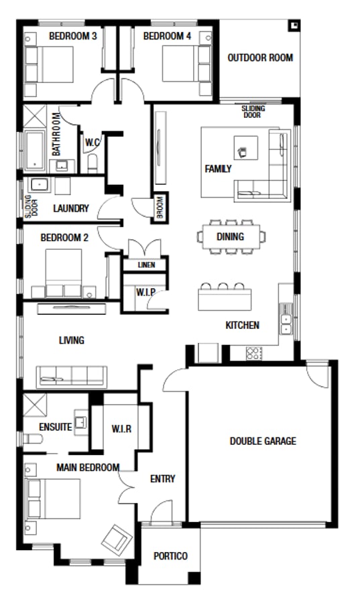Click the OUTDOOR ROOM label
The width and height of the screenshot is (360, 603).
[x=259, y=58]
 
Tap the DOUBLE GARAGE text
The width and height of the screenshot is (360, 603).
[x=263, y=441]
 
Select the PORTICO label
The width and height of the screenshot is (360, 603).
[x=170, y=556]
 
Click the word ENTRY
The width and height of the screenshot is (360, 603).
[x=162, y=478]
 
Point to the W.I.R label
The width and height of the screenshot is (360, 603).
[x=121, y=427]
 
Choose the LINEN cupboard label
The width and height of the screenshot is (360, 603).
[x=146, y=265]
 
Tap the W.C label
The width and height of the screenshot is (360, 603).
[x=93, y=142]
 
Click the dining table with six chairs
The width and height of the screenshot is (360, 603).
[x=231, y=237]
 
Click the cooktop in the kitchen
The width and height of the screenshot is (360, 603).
[x=254, y=353]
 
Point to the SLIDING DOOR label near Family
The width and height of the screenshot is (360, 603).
[x=253, y=112]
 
